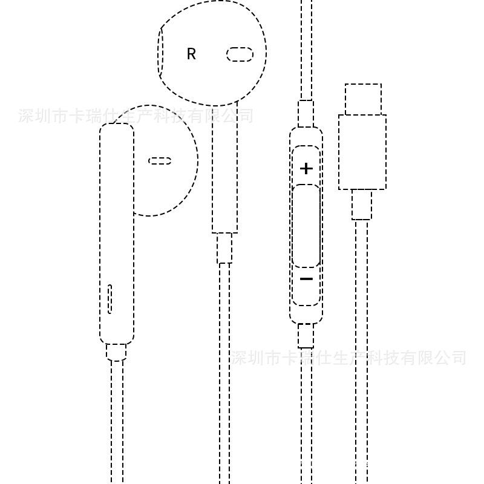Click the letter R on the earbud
tap(191, 54)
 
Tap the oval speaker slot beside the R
tap(240, 54)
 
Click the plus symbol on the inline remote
tap(306, 168)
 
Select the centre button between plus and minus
tap(306, 226)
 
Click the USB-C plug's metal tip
tap(363, 99)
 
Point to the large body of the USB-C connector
tap(362, 152)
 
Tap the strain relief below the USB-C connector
tap(362, 204)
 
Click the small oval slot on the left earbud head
tap(160, 161)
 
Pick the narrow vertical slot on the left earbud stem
tap(110, 298)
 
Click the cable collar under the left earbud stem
tap(116, 352)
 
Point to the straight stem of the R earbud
tap(224, 175)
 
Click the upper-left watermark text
tap(136, 116)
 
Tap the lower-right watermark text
tap(350, 358)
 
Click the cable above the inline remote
tap(307, 48)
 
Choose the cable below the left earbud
tap(117, 423)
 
